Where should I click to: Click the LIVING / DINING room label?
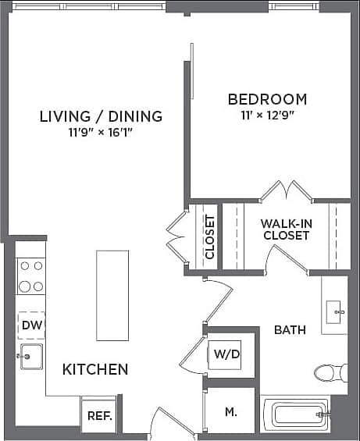[101, 116]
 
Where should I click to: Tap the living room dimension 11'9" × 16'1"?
[101, 132]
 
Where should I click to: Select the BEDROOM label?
[267, 99]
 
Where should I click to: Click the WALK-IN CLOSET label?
[287, 229]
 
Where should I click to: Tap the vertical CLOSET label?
[209, 237]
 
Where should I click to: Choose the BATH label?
[290, 330]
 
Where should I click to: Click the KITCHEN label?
[95, 369]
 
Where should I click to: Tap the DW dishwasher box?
[31, 325]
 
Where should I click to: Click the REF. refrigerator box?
[99, 416]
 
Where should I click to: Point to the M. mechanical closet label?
[231, 411]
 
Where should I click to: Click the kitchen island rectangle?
[112, 295]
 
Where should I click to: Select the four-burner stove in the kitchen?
[31, 276]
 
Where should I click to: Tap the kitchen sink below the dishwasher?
[31, 357]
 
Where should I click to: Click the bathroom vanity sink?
[337, 311]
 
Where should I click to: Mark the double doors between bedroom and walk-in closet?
[286, 191]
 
